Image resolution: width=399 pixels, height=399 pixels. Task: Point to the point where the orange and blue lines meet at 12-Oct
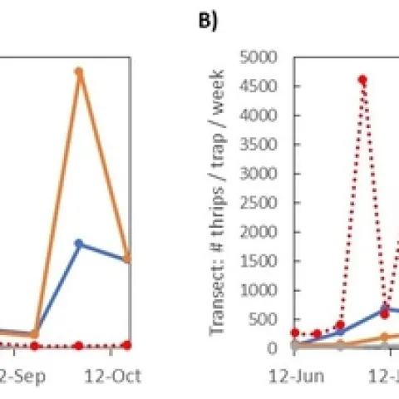(126, 259)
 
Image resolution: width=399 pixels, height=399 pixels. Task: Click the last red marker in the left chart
(126, 344)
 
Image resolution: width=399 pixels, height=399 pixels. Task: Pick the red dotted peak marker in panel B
(362, 80)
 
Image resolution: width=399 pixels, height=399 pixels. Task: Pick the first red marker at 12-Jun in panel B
(295, 332)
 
